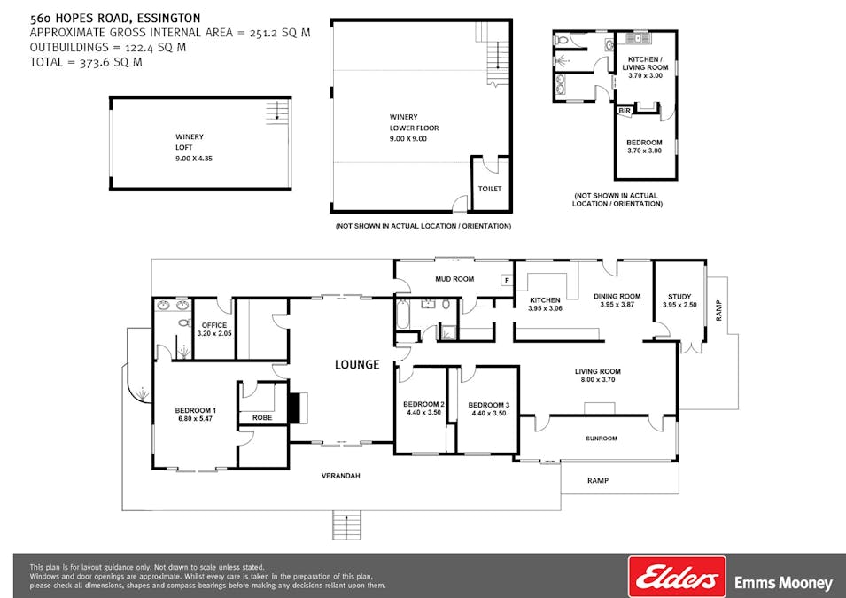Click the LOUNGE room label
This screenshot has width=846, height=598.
click(357, 365)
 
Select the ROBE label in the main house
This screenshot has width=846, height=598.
click(262, 418)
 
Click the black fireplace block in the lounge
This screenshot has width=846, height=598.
click(294, 408)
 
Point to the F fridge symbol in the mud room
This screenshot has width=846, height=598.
click(507, 281)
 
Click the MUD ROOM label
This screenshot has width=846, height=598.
click(454, 279)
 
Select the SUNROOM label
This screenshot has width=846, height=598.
click(601, 439)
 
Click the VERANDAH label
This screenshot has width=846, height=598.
click(340, 476)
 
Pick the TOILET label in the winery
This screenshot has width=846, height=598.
click(489, 189)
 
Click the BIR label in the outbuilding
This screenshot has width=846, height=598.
click(625, 111)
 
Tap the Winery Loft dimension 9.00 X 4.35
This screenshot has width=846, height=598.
click(194, 159)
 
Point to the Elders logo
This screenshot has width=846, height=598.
click(677, 578)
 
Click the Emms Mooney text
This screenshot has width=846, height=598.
click(783, 584)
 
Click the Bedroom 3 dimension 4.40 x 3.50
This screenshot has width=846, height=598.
click(488, 414)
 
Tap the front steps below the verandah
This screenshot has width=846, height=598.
click(346, 525)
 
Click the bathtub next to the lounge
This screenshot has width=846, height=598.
click(403, 315)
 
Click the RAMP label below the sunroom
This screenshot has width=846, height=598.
click(598, 480)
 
